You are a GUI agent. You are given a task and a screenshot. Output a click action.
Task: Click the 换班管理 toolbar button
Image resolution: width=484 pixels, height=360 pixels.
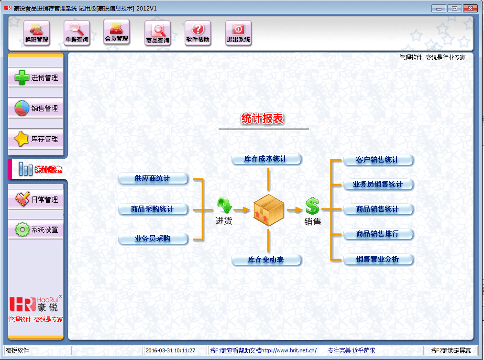[37, 33]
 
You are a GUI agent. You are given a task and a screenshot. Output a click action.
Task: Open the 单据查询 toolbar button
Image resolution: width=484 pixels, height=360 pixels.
[77, 33]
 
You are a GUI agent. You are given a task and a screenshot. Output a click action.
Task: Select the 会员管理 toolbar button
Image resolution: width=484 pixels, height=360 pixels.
[116, 32]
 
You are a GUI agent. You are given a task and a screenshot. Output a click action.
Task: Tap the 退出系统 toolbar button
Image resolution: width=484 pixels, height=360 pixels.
[238, 33]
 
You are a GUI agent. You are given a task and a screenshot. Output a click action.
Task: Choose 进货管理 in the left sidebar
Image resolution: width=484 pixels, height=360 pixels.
[36, 78]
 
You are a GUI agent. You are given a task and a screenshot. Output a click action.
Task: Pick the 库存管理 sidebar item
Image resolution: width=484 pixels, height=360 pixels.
[36, 139]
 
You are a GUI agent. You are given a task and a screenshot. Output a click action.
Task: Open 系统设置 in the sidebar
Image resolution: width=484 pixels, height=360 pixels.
[36, 230]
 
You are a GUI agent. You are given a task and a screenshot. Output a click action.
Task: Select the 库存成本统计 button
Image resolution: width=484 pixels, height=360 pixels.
[266, 159]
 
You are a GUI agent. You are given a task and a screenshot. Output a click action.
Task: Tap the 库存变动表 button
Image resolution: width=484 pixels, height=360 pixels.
[266, 260]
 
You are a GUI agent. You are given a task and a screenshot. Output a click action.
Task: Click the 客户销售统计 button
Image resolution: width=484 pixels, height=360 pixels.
[378, 160]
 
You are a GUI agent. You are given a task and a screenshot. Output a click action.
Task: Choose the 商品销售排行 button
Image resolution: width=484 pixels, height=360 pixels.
[378, 234]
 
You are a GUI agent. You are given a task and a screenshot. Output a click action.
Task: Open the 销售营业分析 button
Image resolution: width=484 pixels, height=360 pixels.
[378, 260]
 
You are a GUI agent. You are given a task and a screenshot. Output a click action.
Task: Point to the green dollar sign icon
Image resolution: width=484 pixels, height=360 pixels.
[312, 207]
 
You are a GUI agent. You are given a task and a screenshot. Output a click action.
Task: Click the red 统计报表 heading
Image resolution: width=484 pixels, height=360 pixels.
[263, 119]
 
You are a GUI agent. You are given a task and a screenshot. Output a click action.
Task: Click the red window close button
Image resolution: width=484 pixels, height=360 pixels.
[471, 8]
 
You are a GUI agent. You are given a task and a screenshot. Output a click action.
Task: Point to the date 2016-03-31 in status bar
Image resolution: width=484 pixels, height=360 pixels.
[170, 350]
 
